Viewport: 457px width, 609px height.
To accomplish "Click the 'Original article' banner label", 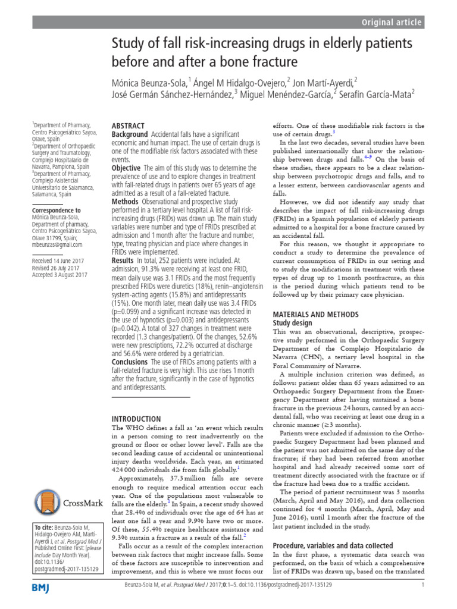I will point(392,23).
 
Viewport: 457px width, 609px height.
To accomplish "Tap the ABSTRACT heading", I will point(128,126).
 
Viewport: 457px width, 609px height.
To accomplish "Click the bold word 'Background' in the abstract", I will point(130,135).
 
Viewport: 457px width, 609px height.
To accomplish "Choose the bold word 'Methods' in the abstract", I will point(126,202).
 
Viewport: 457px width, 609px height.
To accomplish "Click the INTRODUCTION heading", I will point(136,419).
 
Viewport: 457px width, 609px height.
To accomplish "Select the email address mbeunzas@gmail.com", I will point(57,244).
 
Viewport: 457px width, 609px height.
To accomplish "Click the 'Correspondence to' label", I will point(56,211).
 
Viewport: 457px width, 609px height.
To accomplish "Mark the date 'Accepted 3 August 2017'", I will point(60,275).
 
